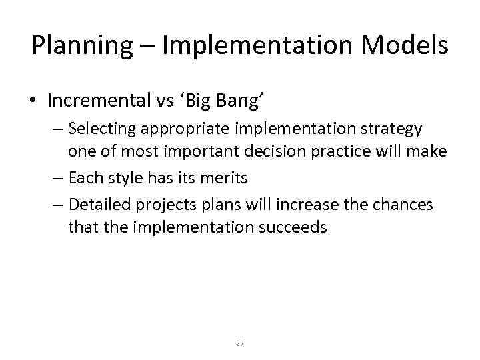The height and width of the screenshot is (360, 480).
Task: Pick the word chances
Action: (x=403, y=205)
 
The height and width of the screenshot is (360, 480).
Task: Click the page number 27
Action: (x=240, y=343)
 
